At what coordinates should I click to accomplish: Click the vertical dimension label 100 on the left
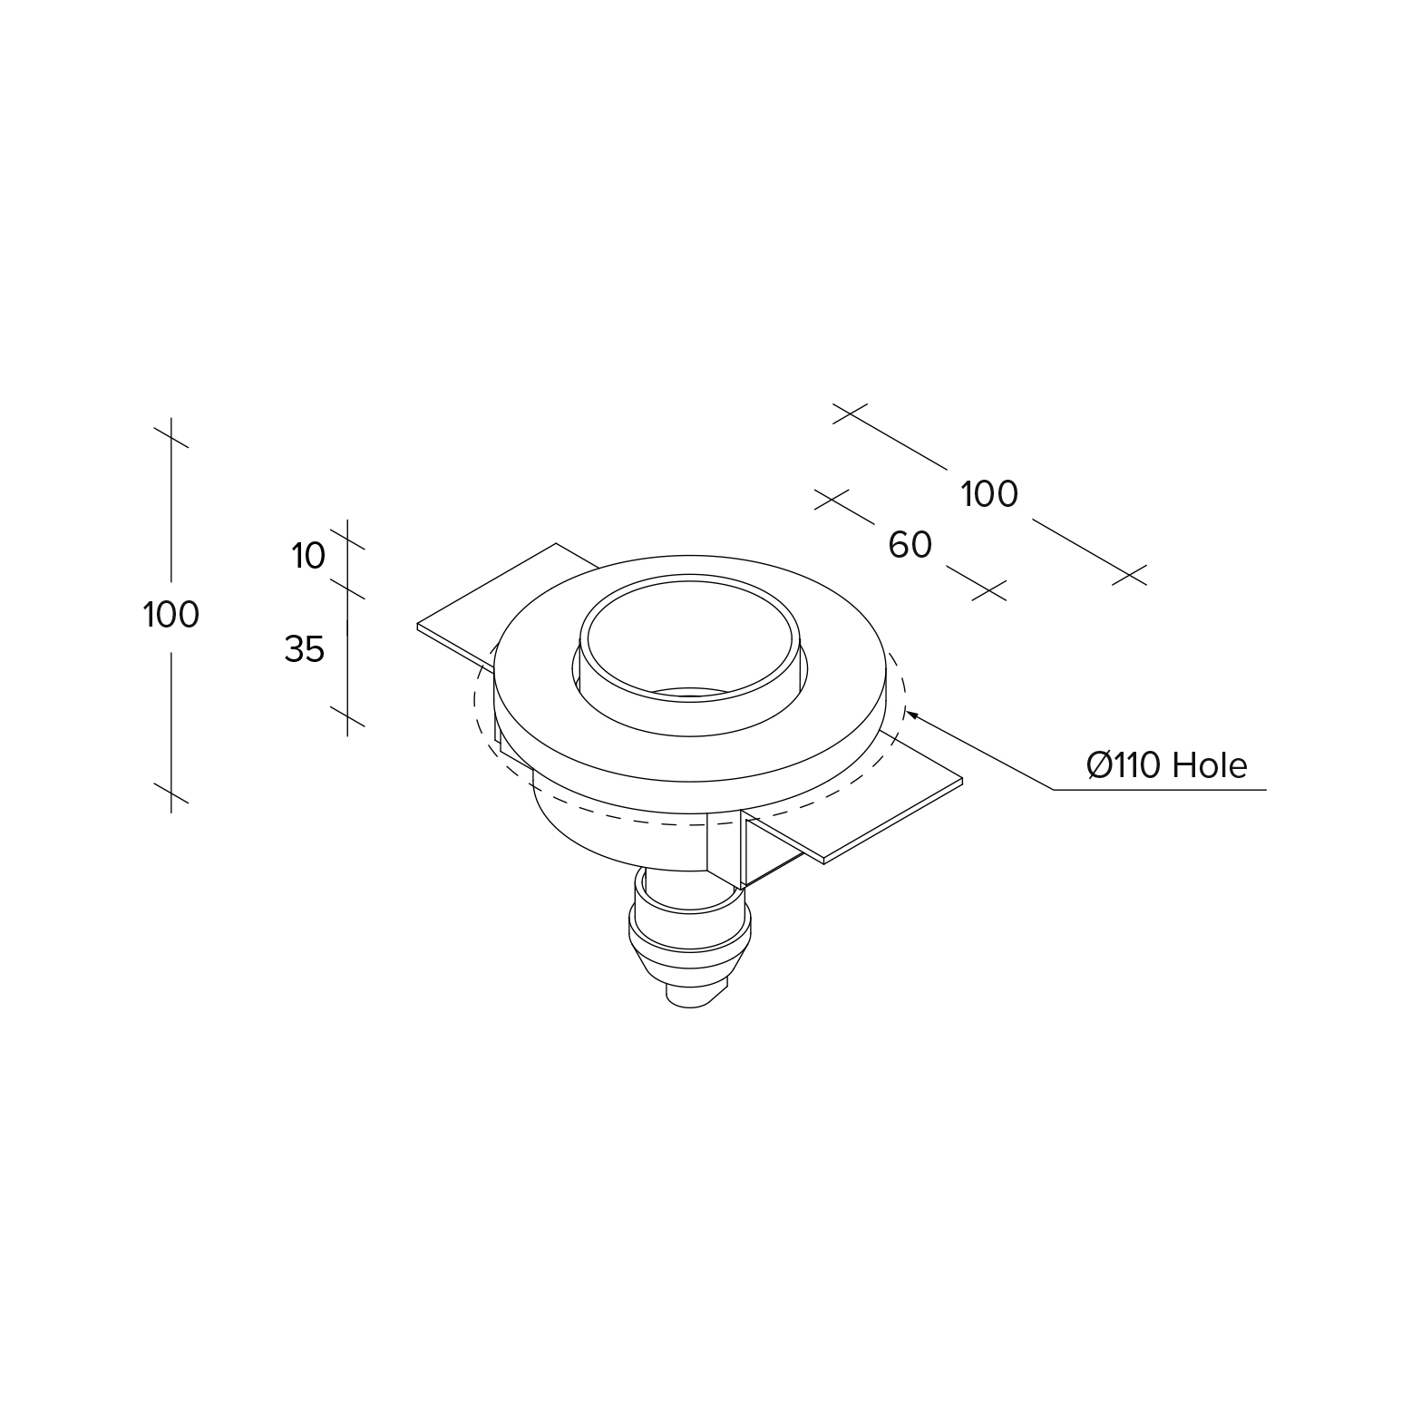(171, 615)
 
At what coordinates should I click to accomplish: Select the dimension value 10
(308, 556)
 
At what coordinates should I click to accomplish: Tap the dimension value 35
(305, 649)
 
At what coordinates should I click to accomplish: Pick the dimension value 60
(910, 545)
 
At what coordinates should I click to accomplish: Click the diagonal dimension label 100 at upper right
(989, 494)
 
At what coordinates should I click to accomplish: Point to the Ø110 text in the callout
(1124, 766)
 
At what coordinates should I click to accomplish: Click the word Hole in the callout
(1210, 766)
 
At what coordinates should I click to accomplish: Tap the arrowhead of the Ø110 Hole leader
(911, 715)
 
